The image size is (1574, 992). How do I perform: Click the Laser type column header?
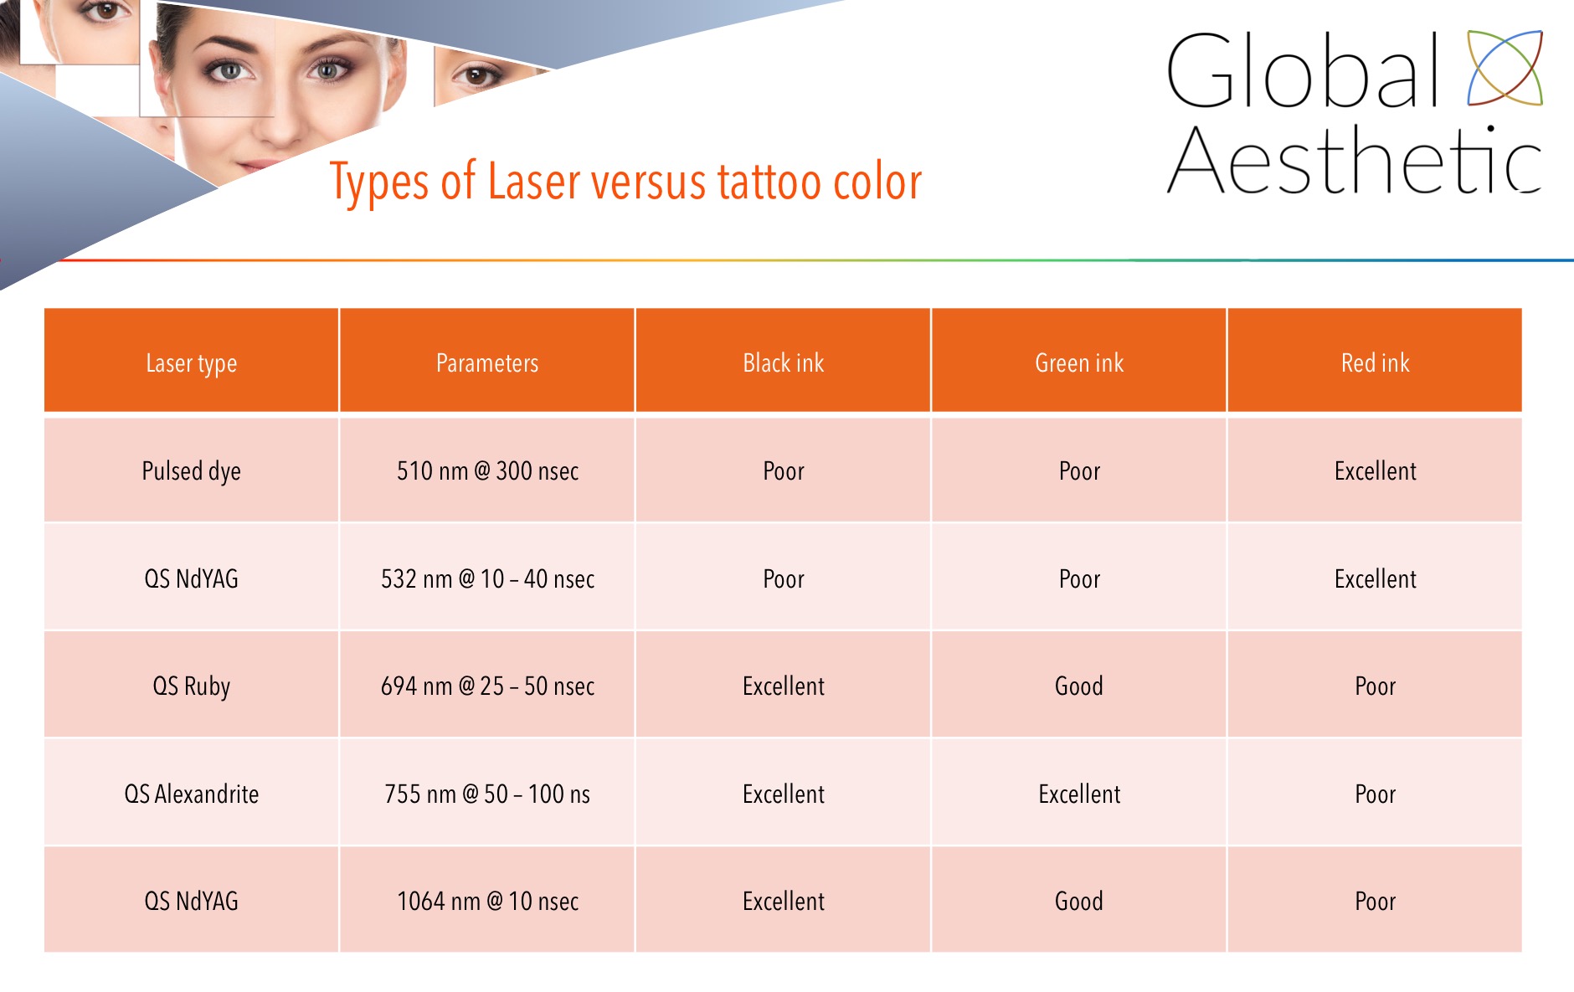pyautogui.click(x=191, y=363)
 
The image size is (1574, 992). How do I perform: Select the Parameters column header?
pyautogui.click(x=487, y=362)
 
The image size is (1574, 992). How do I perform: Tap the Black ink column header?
pyautogui.click(x=784, y=362)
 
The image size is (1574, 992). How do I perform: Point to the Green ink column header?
pyautogui.click(x=1079, y=362)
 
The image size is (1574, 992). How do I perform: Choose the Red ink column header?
pyautogui.click(x=1376, y=362)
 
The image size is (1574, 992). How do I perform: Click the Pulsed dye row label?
pyautogui.click(x=191, y=471)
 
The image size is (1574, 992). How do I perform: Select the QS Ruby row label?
pyautogui.click(x=191, y=686)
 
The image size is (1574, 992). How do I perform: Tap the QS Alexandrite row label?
pyautogui.click(x=191, y=794)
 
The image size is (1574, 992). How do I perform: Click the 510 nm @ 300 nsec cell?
pyautogui.click(x=487, y=470)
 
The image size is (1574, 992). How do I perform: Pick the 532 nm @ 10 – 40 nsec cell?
pyautogui.click(x=487, y=578)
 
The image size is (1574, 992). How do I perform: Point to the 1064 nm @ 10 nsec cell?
pyautogui.click(x=487, y=901)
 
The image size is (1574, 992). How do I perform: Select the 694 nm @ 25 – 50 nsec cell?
pyautogui.click(x=487, y=686)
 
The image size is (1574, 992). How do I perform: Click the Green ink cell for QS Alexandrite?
pyautogui.click(x=1079, y=794)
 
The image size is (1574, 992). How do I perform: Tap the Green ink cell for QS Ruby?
pyautogui.click(x=1079, y=686)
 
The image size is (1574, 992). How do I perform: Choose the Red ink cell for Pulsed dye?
pyautogui.click(x=1376, y=470)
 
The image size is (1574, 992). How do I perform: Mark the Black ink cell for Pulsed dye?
pyautogui.click(x=784, y=470)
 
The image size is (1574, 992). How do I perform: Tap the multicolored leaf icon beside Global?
pyautogui.click(x=1505, y=68)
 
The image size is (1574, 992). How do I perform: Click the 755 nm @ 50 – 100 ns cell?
pyautogui.click(x=487, y=794)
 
